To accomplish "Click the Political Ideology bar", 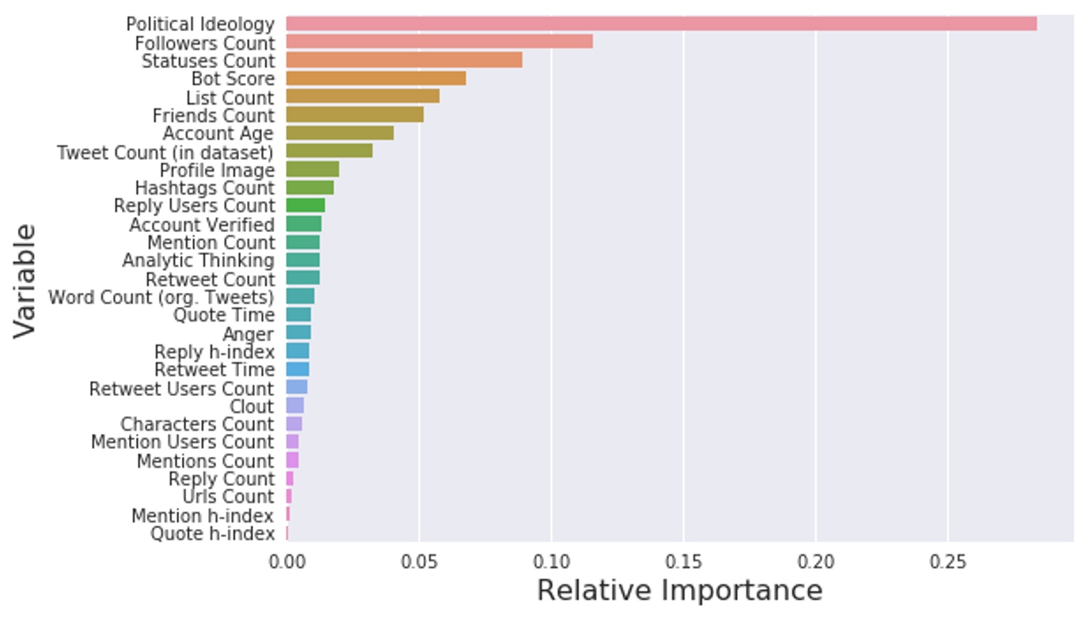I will [661, 24].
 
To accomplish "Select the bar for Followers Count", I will [439, 42].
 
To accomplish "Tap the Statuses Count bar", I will [404, 60].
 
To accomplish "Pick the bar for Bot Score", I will [375, 78].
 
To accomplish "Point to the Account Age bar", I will [340, 133].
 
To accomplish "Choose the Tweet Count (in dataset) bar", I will [329, 151].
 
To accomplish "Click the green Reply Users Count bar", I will [306, 206].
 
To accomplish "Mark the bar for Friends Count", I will [355, 115].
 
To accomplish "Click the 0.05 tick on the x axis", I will [420, 562].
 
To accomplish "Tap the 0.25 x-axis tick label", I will [948, 562].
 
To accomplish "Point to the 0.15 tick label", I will [684, 562].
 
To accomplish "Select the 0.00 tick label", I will [287, 562].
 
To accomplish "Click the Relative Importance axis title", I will [679, 591].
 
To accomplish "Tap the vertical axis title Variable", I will [25, 280].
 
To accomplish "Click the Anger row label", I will [248, 334].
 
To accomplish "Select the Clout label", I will [251, 407].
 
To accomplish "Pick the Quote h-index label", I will [212, 534].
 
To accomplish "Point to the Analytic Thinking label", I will [198, 261].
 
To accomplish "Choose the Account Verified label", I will [202, 225].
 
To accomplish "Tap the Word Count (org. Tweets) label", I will [161, 298].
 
